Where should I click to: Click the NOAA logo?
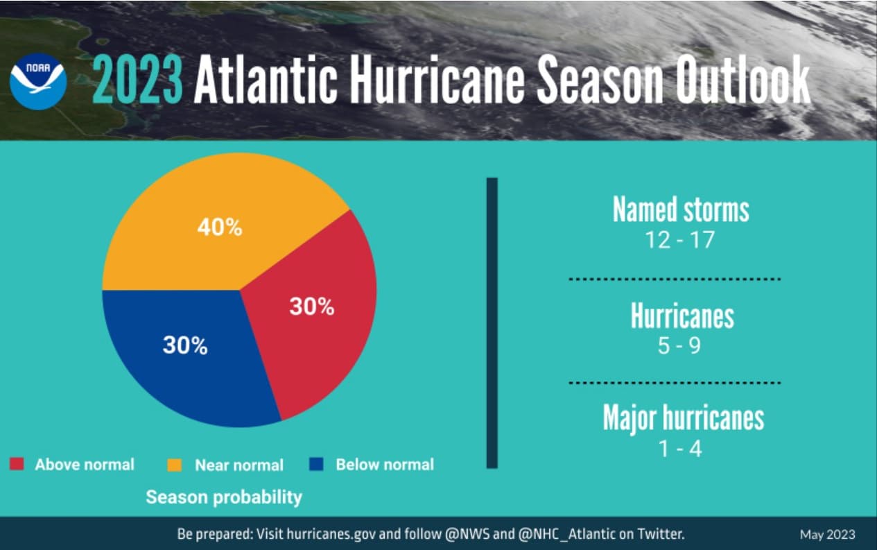click(38, 82)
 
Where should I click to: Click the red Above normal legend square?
click(17, 465)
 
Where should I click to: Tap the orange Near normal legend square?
click(175, 465)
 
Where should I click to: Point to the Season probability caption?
click(224, 497)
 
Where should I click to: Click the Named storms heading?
click(681, 210)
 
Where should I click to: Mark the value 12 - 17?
click(679, 240)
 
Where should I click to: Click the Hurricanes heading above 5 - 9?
click(681, 316)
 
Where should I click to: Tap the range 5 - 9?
click(679, 345)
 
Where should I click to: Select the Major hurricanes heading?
click(683, 418)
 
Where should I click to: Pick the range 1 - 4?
click(680, 449)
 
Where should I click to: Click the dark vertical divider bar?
click(492, 323)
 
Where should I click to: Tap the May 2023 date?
click(827, 535)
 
